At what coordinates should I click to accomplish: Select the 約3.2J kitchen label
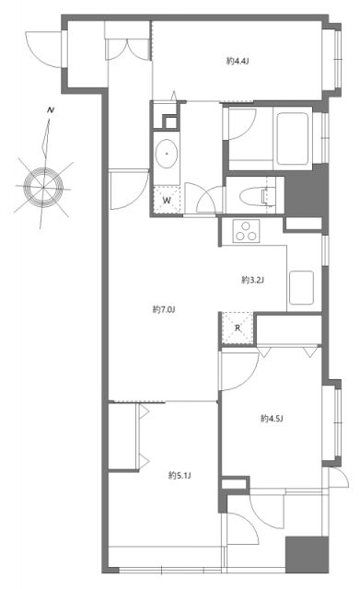click(252, 279)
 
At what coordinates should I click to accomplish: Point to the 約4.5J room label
click(270, 419)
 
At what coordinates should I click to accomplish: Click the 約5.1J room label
click(179, 475)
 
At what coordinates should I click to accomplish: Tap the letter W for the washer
click(167, 199)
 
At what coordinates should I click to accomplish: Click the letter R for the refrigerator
click(237, 328)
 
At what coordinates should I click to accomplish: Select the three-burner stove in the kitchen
click(246, 232)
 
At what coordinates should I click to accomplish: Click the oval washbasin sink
click(168, 155)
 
